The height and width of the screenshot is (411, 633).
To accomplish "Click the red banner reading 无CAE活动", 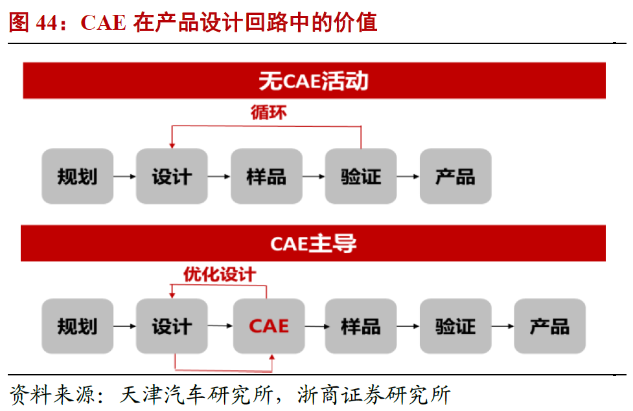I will click(314, 80).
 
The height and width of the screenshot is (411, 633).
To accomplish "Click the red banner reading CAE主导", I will click(314, 243).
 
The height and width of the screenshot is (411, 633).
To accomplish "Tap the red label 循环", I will click(268, 113).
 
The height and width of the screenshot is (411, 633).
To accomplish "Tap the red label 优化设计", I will click(219, 274).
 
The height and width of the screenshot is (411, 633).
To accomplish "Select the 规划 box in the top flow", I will click(77, 176).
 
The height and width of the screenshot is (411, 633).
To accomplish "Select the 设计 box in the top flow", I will click(172, 176).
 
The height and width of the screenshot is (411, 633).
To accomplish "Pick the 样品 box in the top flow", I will click(266, 176).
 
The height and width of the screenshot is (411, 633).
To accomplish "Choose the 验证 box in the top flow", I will click(361, 176).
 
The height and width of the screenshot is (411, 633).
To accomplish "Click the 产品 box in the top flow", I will click(455, 176).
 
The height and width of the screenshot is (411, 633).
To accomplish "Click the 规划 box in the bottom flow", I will click(77, 326).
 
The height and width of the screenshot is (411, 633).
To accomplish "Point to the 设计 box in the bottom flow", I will click(172, 326).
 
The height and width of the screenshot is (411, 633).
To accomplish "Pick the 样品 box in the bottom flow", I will click(361, 326).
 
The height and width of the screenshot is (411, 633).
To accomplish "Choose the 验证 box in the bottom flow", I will click(455, 326).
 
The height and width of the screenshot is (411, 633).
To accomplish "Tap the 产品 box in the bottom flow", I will click(549, 326).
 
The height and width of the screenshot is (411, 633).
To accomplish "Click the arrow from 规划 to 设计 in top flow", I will click(124, 176).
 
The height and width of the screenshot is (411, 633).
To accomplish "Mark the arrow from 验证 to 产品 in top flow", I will click(408, 176).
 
